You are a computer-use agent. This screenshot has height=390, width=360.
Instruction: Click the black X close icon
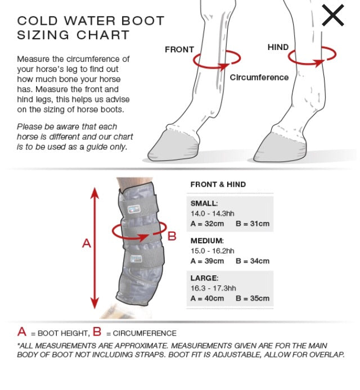point(332,16)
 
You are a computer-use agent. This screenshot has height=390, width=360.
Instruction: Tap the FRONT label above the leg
point(179,49)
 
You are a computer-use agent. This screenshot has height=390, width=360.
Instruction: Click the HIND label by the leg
point(278,47)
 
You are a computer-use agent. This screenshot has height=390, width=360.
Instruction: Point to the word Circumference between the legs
point(259,78)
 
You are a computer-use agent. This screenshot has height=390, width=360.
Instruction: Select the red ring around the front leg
point(217,60)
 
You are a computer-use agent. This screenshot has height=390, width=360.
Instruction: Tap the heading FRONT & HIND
point(218,184)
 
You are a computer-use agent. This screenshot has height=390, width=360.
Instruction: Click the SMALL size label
point(204,203)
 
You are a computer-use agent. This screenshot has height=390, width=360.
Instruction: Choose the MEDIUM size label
point(206,241)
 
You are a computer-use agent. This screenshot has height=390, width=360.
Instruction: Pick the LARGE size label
point(204,278)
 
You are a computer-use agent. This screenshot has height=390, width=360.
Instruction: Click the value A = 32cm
point(207,224)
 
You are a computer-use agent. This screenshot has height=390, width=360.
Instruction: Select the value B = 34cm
point(253,261)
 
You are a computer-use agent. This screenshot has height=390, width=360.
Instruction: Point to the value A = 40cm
point(207,298)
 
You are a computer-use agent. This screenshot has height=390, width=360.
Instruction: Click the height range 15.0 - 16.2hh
point(212,251)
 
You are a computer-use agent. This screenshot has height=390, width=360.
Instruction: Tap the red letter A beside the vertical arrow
point(86,243)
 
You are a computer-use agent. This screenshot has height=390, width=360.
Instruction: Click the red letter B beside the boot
point(172,235)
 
